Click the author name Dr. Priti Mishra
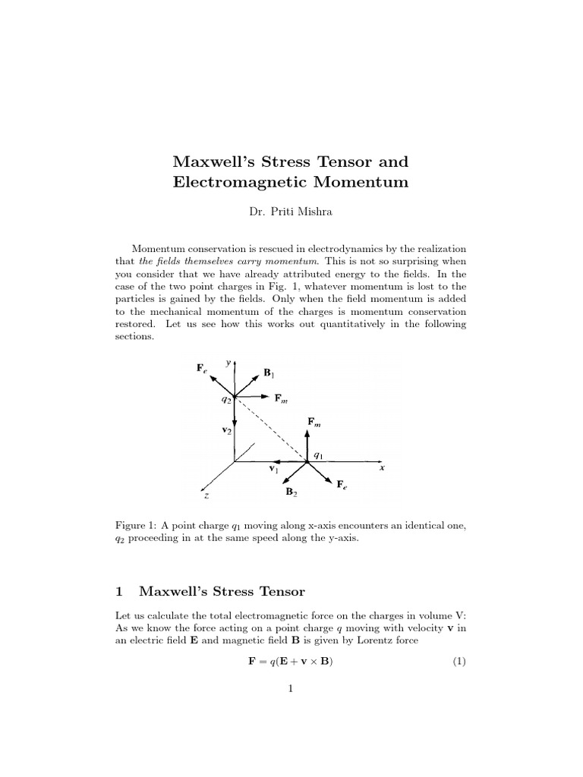[x=291, y=212]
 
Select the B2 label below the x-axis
[x=291, y=492]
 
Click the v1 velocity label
[x=274, y=470]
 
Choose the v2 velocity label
[x=226, y=429]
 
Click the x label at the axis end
[x=382, y=468]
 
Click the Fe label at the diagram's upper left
[x=202, y=369]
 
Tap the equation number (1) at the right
[x=459, y=662]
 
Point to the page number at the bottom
[x=291, y=689]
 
